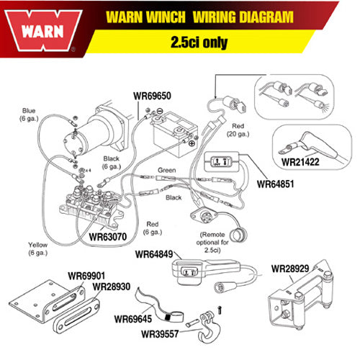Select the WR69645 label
tap(136, 318)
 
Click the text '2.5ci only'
tap(194, 42)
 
